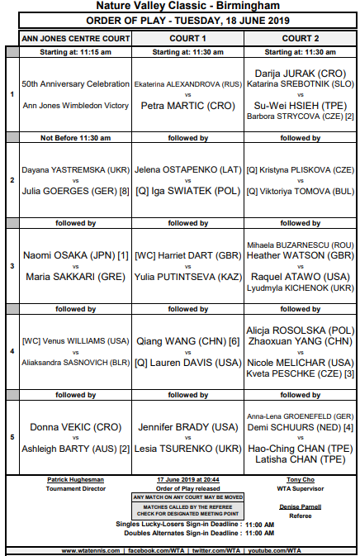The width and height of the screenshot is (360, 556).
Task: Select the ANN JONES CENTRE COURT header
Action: point(75,38)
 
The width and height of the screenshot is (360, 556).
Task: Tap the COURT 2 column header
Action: point(300,38)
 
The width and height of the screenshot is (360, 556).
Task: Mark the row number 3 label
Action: point(12,266)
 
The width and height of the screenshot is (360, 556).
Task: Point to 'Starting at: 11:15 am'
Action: point(75,51)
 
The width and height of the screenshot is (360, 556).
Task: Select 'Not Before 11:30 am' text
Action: point(75,138)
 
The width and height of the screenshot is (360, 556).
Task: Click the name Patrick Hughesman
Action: point(75,480)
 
